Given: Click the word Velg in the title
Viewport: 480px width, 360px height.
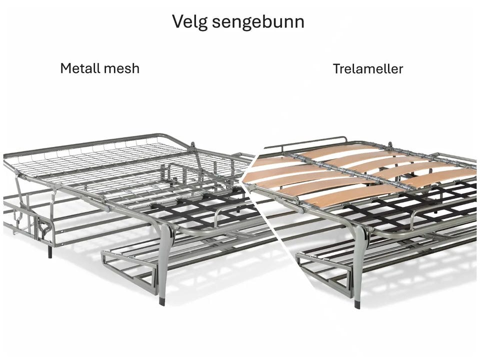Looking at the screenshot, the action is (190, 21).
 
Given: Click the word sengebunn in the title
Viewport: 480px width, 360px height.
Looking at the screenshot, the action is (258, 22).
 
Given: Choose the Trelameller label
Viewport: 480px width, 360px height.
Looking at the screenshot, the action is (367, 68).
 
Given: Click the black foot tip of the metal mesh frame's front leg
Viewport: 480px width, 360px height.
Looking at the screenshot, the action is (161, 300).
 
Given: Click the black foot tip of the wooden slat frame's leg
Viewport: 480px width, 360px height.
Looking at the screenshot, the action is (357, 304).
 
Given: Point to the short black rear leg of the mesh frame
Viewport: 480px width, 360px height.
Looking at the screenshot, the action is (50, 251).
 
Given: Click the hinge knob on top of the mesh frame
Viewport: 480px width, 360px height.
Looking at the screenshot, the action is (192, 145).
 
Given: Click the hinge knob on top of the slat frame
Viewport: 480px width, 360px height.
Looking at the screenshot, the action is (390, 145).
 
